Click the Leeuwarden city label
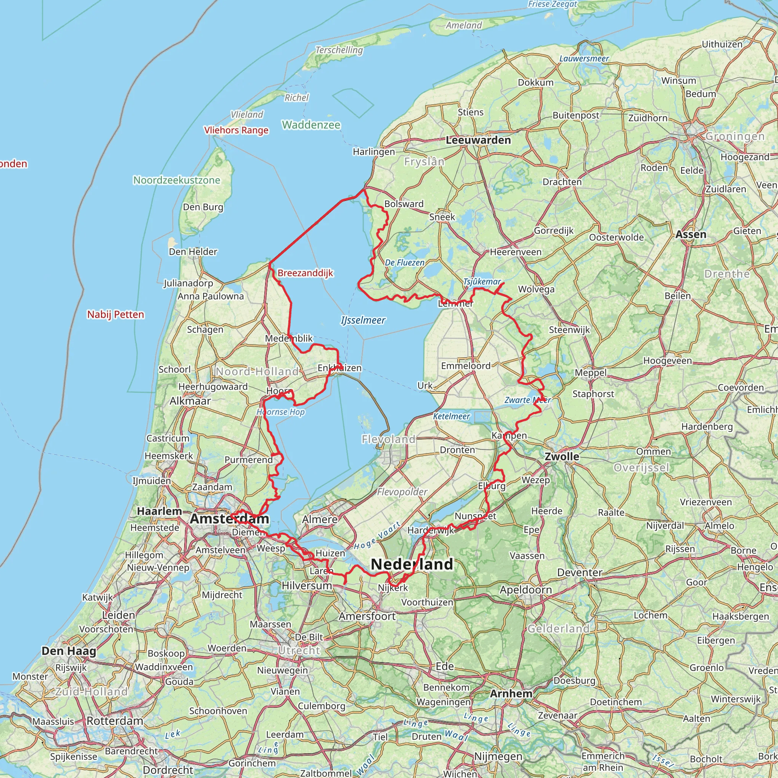(478, 140)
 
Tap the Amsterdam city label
(229, 519)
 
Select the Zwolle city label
(562, 456)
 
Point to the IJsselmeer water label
(363, 320)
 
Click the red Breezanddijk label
(305, 273)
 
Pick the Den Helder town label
(193, 252)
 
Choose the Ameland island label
(463, 25)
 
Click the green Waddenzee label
(311, 125)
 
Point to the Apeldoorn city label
(525, 590)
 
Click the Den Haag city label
(69, 651)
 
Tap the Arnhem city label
(511, 693)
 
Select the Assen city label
(691, 234)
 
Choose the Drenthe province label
(727, 274)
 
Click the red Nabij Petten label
(115, 315)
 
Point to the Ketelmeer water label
(451, 416)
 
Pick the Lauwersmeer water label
(584, 59)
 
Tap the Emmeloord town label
(466, 366)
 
